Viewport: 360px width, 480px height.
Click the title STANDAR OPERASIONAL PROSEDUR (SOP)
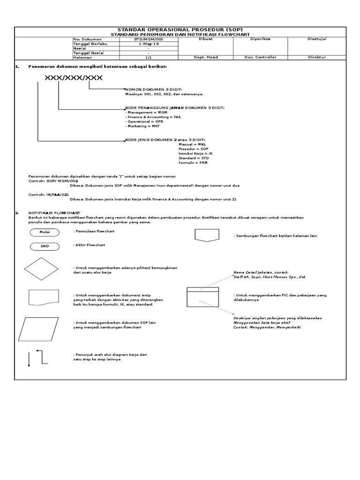180,29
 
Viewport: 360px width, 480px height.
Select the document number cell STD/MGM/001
148,39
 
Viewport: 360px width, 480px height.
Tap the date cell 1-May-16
148,44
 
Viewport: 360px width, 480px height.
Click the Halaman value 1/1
148,57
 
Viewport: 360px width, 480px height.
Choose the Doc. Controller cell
260,57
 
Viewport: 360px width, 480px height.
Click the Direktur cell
316,57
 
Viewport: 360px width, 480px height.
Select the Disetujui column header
316,39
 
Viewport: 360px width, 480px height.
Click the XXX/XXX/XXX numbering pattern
73,77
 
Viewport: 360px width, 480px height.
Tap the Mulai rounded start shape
45,232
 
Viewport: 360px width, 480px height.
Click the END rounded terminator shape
45,246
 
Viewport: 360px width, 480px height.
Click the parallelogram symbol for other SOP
41,329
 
